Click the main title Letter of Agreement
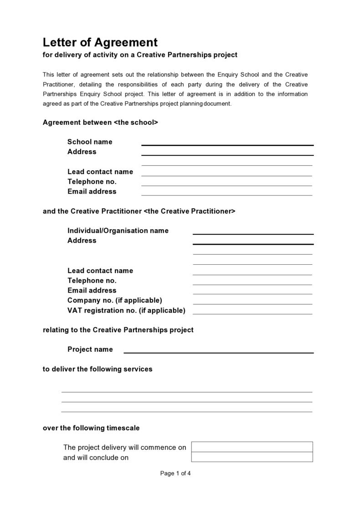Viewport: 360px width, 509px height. (x=100, y=42)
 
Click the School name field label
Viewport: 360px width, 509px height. (x=90, y=142)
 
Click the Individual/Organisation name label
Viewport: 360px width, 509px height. (x=118, y=231)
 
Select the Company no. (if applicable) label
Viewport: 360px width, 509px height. (x=114, y=300)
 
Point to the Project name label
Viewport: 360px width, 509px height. (x=90, y=350)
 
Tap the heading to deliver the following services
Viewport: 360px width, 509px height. (x=98, y=369)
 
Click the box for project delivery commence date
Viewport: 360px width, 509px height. (x=252, y=447)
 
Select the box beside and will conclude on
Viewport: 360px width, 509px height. (x=252, y=457)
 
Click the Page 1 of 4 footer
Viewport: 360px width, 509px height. (x=175, y=473)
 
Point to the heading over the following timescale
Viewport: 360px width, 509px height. (x=91, y=428)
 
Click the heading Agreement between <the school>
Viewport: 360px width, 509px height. (x=100, y=123)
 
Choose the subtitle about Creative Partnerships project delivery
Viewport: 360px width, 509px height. (x=140, y=55)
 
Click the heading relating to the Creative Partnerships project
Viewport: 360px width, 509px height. (x=118, y=330)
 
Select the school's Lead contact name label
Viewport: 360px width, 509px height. (x=100, y=172)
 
